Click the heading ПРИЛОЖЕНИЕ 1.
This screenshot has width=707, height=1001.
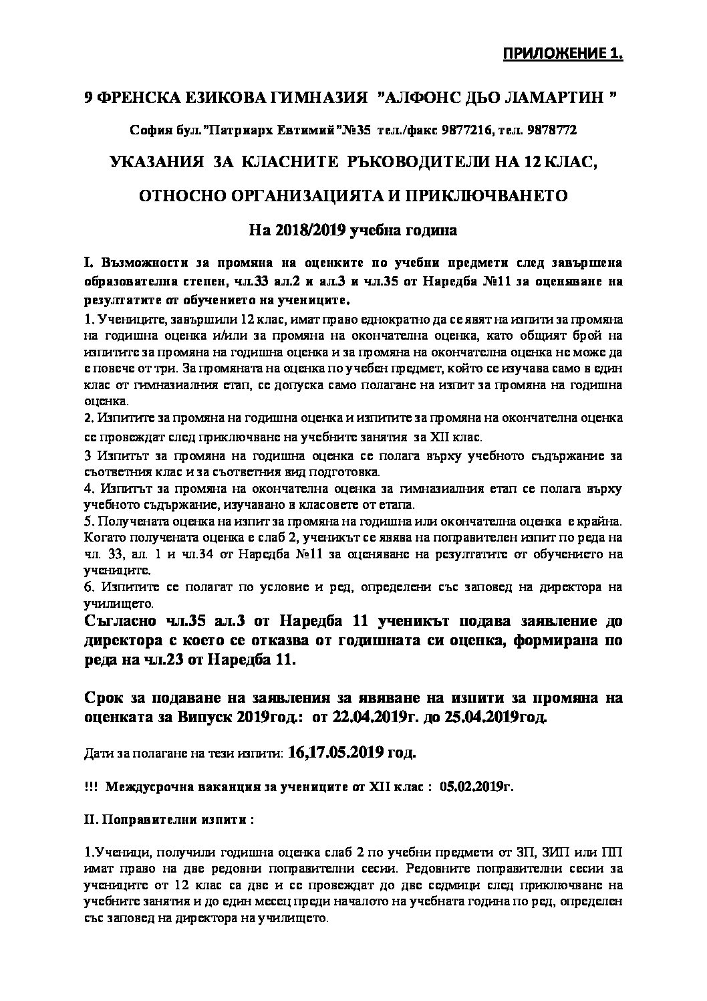[562, 54]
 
